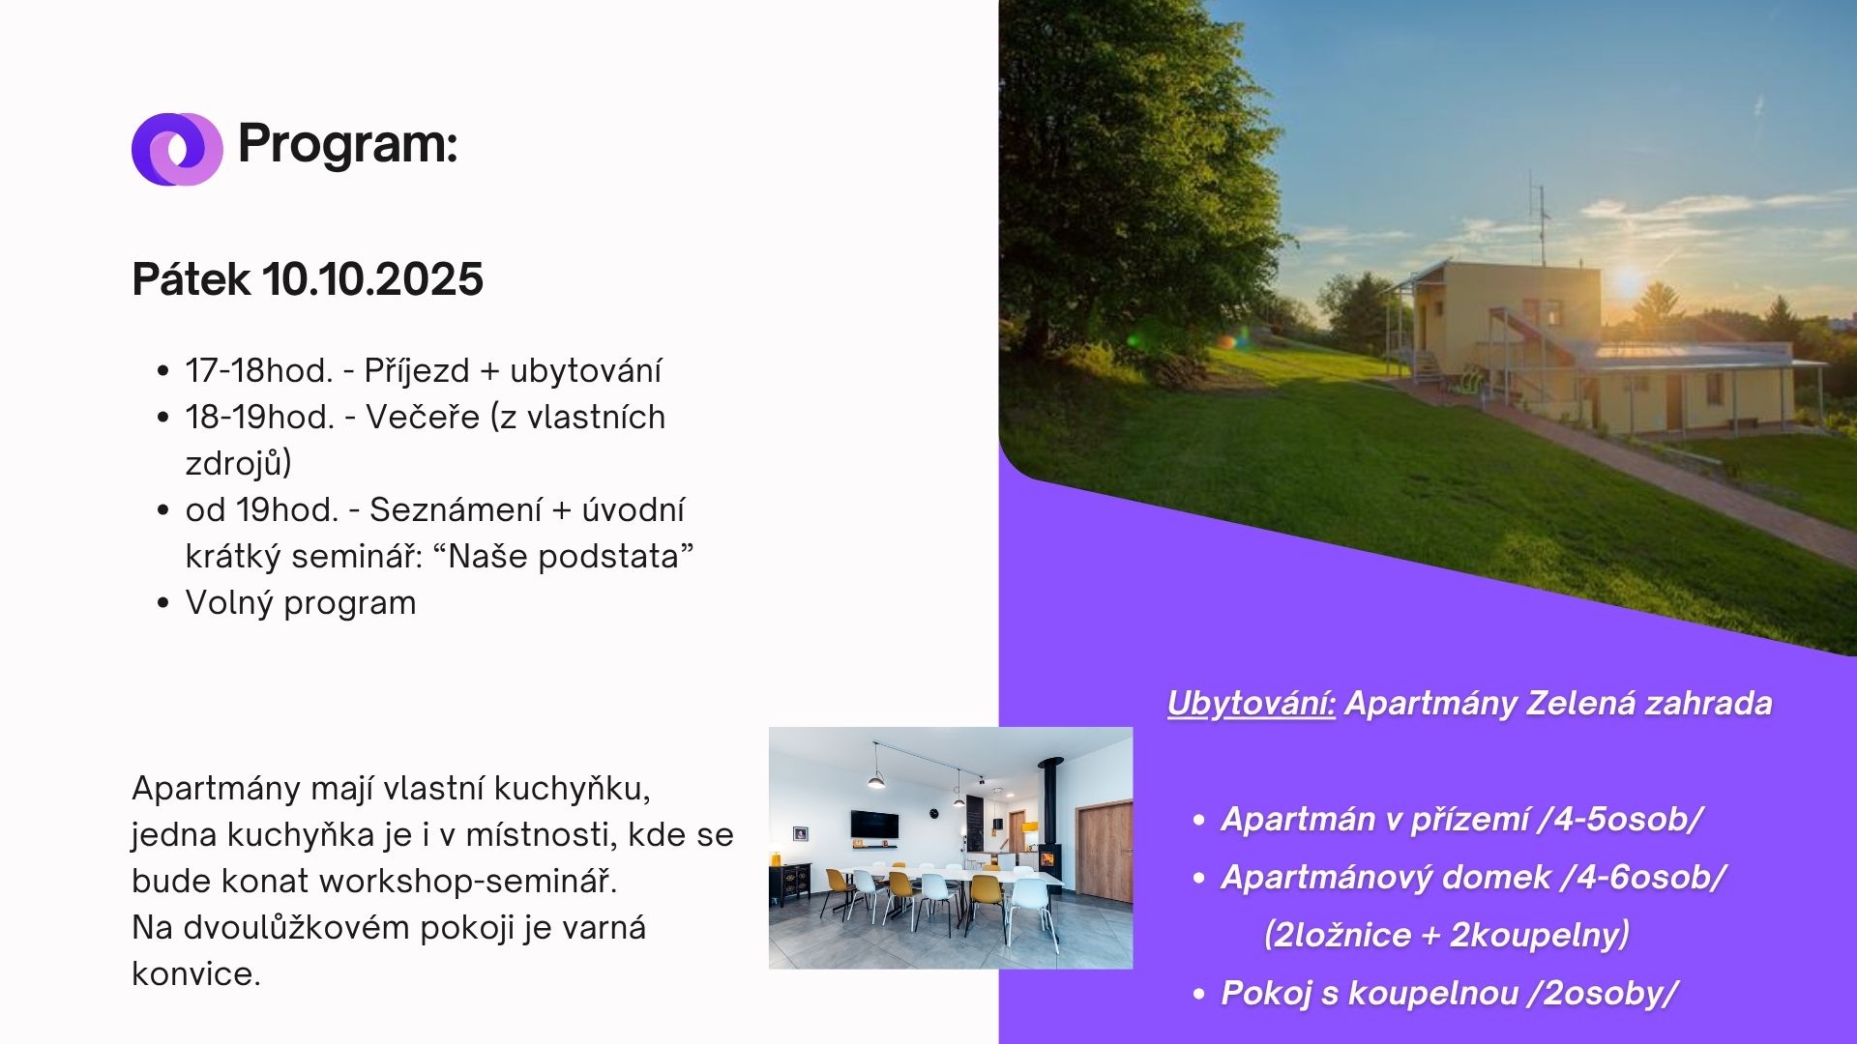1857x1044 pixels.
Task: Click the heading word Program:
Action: pos(347,145)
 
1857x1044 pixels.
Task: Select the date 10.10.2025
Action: pos(372,279)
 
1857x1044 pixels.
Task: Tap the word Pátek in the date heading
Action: pos(192,279)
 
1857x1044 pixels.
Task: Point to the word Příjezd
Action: pos(417,371)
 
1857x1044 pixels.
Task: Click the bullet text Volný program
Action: pos(301,603)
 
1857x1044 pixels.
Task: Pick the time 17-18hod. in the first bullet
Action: pos(259,370)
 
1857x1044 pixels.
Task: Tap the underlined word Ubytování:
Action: pos(1252,704)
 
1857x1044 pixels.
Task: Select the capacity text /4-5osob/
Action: pos(1620,819)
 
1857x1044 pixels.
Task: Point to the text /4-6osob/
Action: pos(1643,877)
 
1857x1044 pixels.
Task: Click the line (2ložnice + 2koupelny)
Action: pos(1447,935)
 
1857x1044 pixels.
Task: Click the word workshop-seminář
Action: pos(468,881)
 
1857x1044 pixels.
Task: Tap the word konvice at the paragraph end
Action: pos(196,973)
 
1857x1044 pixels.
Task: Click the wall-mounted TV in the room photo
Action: pos(874,825)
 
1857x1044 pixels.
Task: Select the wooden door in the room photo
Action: pos(1105,852)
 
